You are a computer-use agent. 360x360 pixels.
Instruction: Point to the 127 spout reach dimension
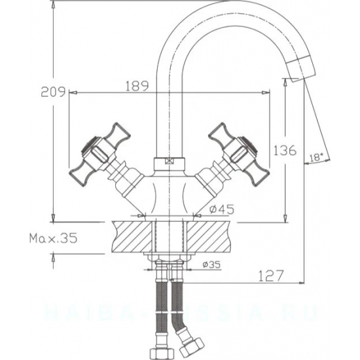pyautogui.click(x=267, y=275)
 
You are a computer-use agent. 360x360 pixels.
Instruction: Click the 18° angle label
pyautogui.click(x=316, y=157)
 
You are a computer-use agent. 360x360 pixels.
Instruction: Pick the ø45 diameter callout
pyautogui.click(x=223, y=209)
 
